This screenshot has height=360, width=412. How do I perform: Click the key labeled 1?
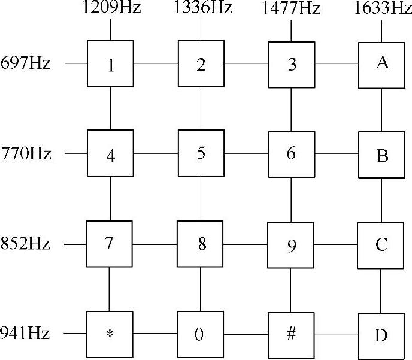[x=111, y=63]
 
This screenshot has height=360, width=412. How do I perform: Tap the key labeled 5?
[x=201, y=154]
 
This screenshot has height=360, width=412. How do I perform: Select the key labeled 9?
[x=291, y=246]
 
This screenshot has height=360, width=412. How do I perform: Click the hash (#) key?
[x=291, y=334]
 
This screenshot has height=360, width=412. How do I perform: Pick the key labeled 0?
[x=200, y=335]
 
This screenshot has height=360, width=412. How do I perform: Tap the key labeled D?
[x=381, y=335]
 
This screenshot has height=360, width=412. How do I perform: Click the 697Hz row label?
[x=26, y=63]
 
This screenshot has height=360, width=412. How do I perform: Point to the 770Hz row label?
[x=26, y=154]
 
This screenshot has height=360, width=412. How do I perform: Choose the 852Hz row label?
[x=26, y=244]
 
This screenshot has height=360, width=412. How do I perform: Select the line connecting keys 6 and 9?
[x=291, y=199]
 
